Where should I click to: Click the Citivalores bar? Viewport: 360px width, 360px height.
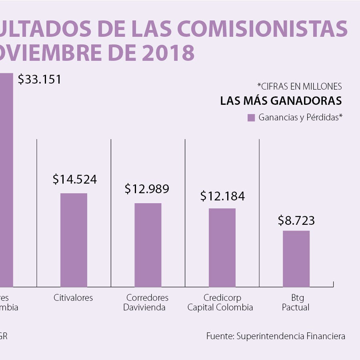(74, 240)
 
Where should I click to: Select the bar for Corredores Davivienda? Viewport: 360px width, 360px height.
(148, 245)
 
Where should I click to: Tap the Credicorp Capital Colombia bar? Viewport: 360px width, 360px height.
(222, 247)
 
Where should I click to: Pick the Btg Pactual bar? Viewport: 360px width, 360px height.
(296, 258)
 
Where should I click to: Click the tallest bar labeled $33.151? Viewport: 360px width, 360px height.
(6, 180)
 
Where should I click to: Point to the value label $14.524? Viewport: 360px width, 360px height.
(75, 179)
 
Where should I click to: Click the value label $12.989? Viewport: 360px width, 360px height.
(147, 189)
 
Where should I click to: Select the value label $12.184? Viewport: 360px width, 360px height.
(222, 196)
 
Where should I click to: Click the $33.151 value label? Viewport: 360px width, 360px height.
(40, 79)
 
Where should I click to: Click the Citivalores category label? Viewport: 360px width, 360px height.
(73, 298)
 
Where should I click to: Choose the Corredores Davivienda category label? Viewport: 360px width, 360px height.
(147, 303)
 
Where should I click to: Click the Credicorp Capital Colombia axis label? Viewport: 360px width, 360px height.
(220, 303)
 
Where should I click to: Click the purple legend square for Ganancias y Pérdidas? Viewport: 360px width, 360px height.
(251, 118)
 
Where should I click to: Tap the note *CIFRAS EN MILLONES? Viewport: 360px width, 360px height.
(300, 86)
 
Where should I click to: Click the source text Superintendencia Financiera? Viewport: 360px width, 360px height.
(291, 336)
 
